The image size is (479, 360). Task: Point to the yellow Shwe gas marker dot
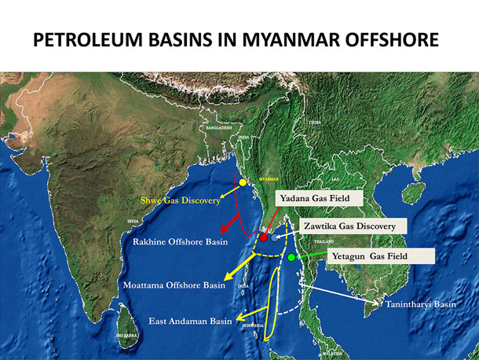tap(243, 182)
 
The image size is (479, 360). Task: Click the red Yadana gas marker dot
tap(264, 237)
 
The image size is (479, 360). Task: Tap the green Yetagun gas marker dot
tap(291, 257)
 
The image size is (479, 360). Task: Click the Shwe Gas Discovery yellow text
tap(180, 201)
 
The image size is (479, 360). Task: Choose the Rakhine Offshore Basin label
tap(181, 242)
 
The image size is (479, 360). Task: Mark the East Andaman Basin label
tap(190, 321)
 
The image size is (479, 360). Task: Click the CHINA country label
tap(315, 123)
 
